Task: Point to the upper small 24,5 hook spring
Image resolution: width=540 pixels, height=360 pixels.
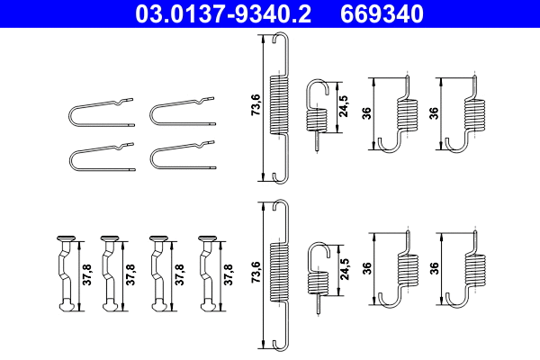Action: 316,112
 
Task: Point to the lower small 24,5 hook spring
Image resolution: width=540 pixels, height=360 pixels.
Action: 316,274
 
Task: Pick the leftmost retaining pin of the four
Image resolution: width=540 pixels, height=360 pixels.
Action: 66,274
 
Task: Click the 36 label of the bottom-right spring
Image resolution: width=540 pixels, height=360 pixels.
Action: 435,267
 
